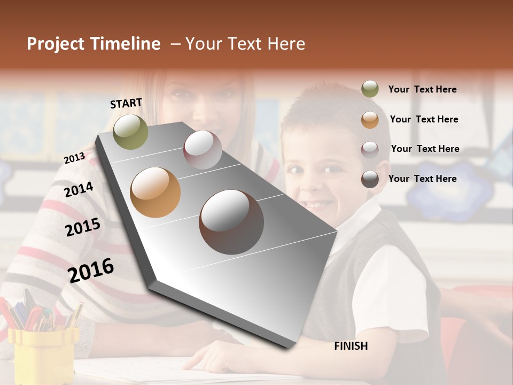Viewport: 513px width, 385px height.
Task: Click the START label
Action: pos(126,103)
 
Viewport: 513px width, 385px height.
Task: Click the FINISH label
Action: pos(351,346)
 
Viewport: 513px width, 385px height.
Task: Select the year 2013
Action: pos(74,158)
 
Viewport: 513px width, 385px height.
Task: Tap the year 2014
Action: pos(79,189)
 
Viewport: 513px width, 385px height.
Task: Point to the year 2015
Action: pos(82,227)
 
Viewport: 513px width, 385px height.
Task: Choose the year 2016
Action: pos(91,270)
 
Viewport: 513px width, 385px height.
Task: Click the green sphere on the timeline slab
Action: pos(130,132)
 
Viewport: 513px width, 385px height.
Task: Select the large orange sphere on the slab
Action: pos(156,192)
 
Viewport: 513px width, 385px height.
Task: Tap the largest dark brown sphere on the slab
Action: pos(231,221)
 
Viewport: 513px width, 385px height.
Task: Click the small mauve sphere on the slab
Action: pos(203,150)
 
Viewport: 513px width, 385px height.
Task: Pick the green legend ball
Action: pos(370,89)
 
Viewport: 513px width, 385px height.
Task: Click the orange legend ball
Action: pos(370,120)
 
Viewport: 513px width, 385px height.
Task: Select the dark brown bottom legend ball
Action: pos(370,179)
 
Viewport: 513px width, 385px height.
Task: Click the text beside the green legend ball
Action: pos(422,89)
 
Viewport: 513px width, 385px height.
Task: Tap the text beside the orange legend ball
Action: pos(424,119)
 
